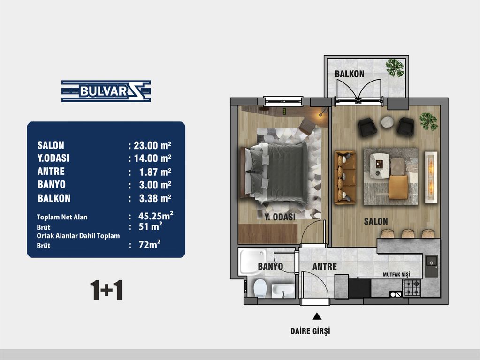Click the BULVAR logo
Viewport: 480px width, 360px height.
[x=106, y=91]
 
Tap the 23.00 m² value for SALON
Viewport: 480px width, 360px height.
[x=152, y=145]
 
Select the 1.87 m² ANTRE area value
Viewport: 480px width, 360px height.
[x=155, y=172]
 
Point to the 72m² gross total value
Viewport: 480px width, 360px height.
[x=149, y=244]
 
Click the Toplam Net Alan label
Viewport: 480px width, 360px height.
[x=62, y=217]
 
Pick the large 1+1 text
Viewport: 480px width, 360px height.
[x=106, y=290]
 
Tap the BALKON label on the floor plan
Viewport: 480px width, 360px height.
[x=349, y=74]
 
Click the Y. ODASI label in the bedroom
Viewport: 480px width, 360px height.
[x=280, y=217]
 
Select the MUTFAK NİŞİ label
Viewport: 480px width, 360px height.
[x=396, y=275]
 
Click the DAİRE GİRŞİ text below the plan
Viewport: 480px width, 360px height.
[x=311, y=331]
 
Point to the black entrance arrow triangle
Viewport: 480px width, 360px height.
[x=317, y=316]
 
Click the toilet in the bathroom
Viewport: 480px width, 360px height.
[x=260, y=288]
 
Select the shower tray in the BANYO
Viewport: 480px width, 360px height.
[x=253, y=262]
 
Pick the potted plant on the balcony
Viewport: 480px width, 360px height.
[x=395, y=67]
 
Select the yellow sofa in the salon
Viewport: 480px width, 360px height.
[x=345, y=177]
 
